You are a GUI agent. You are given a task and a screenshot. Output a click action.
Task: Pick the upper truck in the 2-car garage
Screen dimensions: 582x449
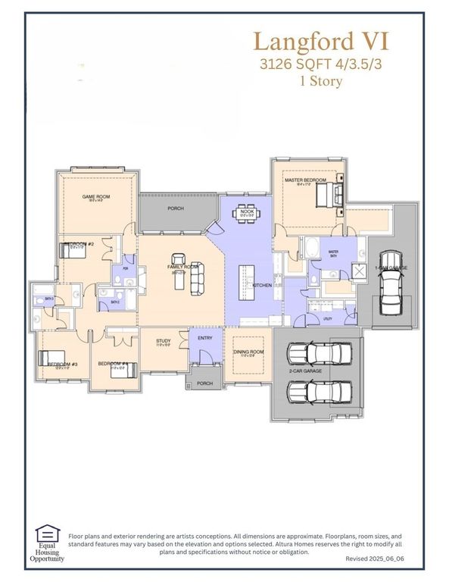320,353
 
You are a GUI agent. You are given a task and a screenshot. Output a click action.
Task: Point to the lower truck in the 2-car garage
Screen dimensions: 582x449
320,391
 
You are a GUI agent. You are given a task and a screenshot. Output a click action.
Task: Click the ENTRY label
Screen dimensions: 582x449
205,338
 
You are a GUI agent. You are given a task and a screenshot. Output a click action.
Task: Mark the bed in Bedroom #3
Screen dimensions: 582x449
54,359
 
